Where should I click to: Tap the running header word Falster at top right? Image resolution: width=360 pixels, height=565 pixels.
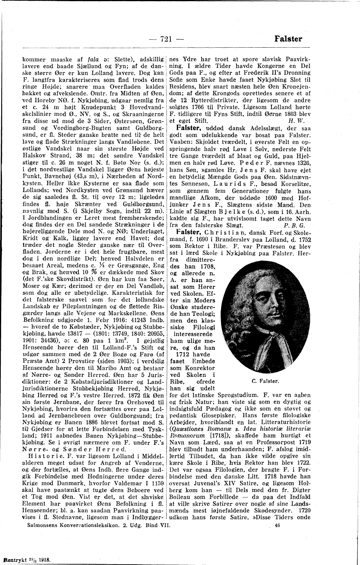pyautogui.click(x=288, y=38)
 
